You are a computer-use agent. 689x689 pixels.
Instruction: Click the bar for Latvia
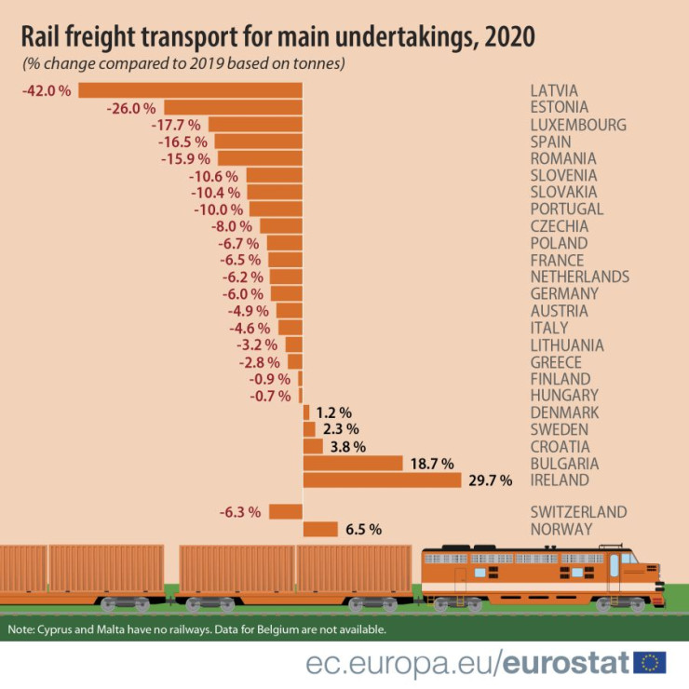point(191,90)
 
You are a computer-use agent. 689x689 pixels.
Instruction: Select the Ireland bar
point(382,480)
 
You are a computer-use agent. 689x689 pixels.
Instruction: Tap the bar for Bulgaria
point(352,463)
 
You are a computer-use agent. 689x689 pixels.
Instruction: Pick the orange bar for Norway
point(320,529)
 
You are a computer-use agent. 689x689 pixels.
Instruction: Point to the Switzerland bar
point(286,511)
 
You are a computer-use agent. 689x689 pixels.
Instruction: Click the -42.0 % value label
point(46,90)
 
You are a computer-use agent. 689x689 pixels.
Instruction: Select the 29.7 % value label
point(491,480)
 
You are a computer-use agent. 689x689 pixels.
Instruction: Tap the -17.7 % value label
point(176,125)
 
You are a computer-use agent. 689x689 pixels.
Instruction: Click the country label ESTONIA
point(559,108)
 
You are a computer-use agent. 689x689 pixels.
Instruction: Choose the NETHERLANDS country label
point(579,277)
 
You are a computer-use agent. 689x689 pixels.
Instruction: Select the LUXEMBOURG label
point(577,125)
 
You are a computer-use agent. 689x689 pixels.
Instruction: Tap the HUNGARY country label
point(564,396)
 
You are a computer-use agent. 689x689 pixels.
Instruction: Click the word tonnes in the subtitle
point(317,64)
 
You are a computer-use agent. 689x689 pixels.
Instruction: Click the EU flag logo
point(650,662)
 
